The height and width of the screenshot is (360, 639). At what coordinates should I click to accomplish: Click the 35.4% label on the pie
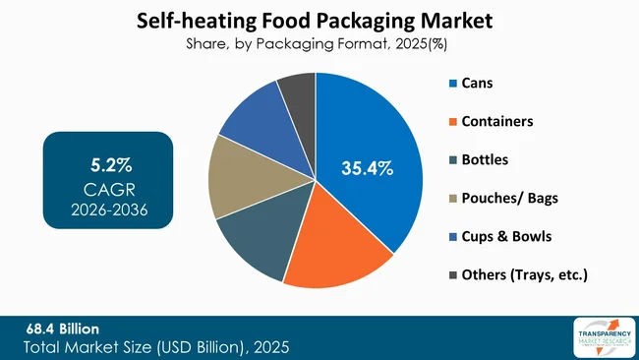(x=367, y=169)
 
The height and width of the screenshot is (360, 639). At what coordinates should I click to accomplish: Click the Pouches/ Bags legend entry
(x=502, y=198)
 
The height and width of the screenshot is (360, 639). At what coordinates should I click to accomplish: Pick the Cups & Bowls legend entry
(x=499, y=236)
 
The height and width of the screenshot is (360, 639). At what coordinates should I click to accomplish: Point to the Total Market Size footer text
(x=156, y=347)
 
